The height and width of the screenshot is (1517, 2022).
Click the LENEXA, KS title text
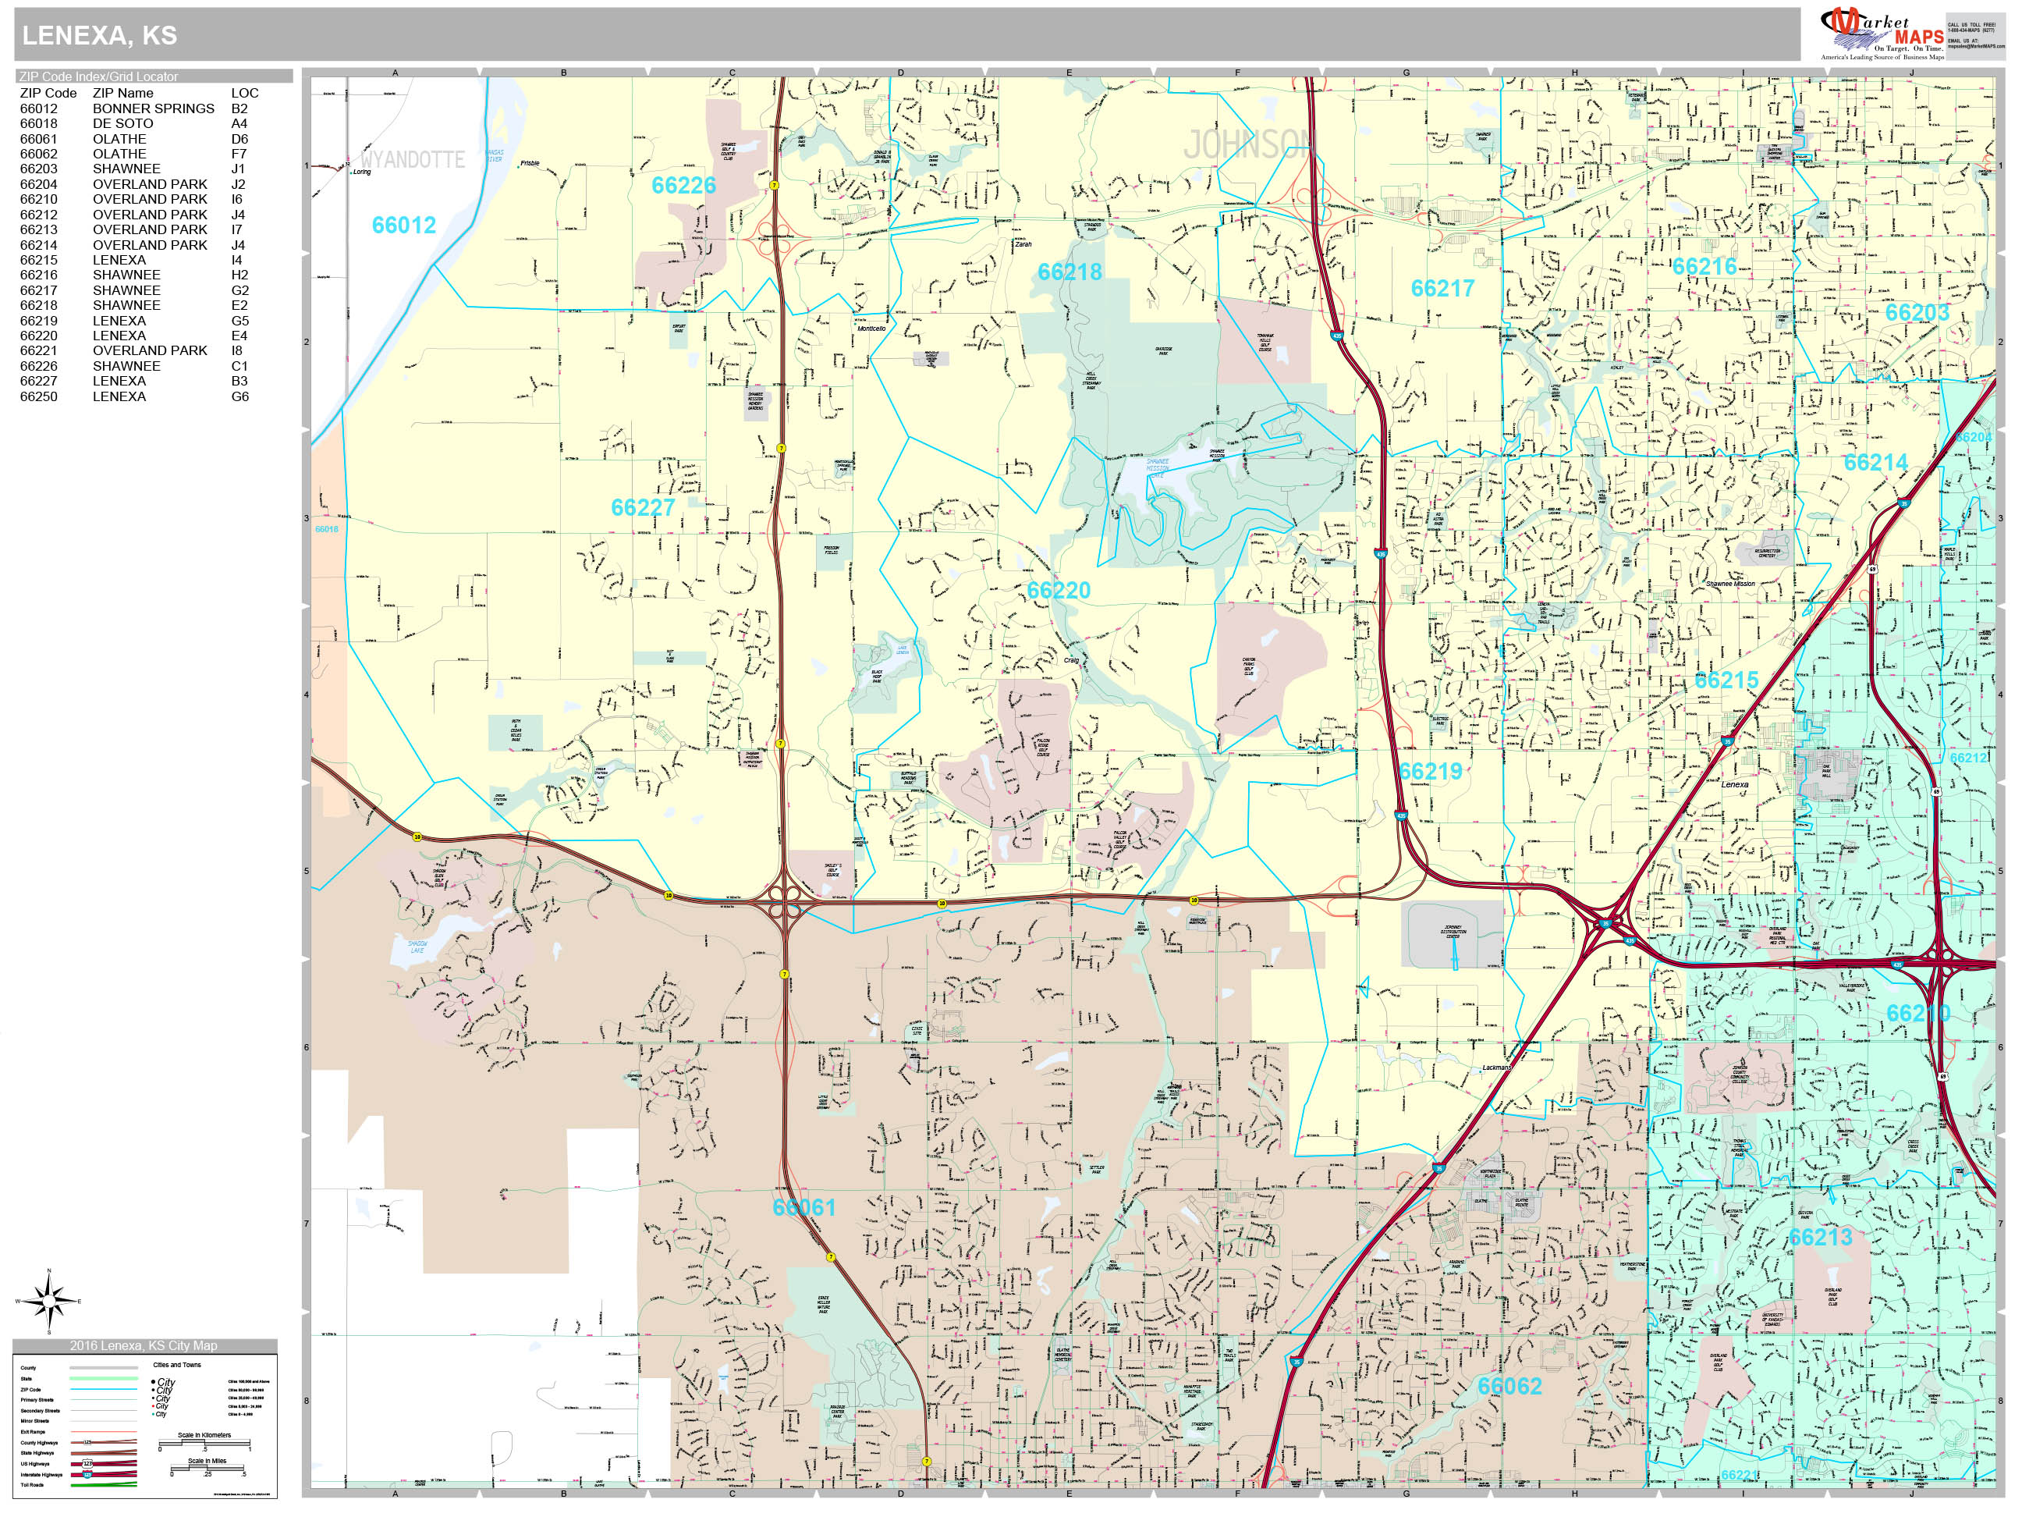pyautogui.click(x=99, y=35)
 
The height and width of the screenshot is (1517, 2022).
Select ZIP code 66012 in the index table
pyautogui.click(x=38, y=108)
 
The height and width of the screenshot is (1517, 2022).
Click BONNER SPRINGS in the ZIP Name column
pyautogui.click(x=153, y=108)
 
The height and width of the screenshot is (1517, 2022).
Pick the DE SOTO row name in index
pyautogui.click(x=122, y=123)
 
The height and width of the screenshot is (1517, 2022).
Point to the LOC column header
pyautogui.click(x=244, y=92)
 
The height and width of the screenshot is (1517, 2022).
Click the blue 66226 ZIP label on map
pyautogui.click(x=683, y=186)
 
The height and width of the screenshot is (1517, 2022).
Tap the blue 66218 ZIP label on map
pyautogui.click(x=1069, y=272)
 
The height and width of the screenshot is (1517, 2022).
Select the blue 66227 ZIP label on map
pyautogui.click(x=643, y=507)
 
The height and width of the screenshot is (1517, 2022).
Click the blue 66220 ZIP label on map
pyautogui.click(x=1058, y=590)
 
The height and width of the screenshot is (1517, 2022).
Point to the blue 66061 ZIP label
pyautogui.click(x=803, y=1207)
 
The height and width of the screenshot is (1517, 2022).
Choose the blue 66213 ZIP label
pyautogui.click(x=1820, y=1237)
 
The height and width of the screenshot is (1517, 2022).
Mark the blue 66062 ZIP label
pyautogui.click(x=1509, y=1386)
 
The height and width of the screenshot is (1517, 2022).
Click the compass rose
pyautogui.click(x=49, y=1299)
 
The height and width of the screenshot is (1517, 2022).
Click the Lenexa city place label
pyautogui.click(x=1733, y=784)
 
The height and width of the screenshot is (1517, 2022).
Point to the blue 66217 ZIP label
pyautogui.click(x=1442, y=288)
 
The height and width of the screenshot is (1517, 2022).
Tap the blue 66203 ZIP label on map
pyautogui.click(x=1917, y=313)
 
